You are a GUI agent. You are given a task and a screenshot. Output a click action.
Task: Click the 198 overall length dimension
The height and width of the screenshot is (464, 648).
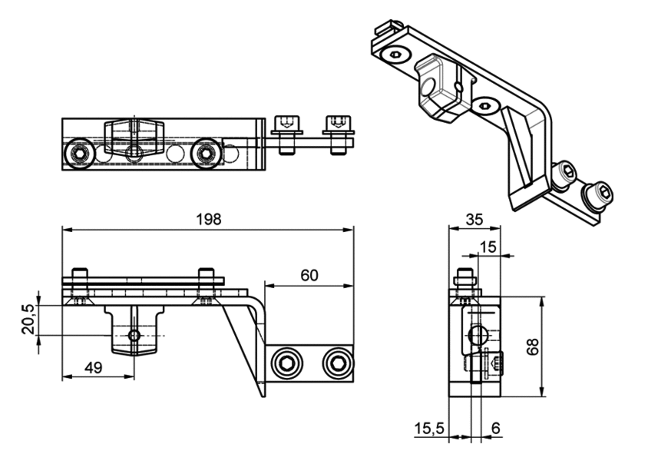click(209, 220)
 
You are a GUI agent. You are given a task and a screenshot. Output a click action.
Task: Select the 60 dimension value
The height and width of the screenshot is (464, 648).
click(309, 276)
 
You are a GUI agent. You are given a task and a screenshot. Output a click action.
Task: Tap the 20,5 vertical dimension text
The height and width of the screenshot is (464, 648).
click(29, 320)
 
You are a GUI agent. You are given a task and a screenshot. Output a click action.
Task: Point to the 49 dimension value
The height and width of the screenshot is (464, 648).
click(93, 368)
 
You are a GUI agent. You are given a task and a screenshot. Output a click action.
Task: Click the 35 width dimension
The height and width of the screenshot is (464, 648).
click(474, 220)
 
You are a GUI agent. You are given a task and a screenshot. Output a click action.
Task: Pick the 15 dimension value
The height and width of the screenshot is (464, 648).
click(488, 247)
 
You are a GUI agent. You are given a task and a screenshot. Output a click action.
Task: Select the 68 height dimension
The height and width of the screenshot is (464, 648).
click(533, 346)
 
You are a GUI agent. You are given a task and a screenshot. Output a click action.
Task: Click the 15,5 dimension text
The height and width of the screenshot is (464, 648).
click(429, 429)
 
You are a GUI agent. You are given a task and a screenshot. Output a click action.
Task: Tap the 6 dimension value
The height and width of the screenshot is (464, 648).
click(496, 429)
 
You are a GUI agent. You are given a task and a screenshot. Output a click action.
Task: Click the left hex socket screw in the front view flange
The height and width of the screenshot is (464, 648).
click(286, 364)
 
